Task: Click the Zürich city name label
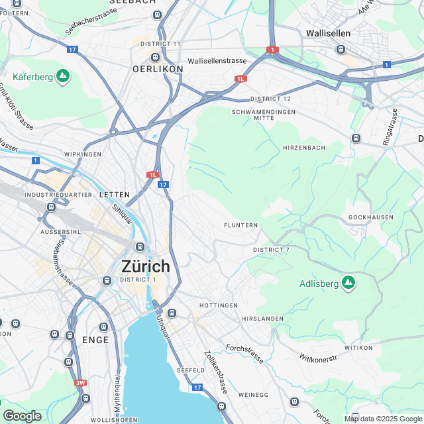[145, 266]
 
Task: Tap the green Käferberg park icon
[63, 77]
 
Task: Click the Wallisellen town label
[328, 32]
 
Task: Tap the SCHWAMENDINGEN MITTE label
[263, 115]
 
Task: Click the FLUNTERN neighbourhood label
[241, 225]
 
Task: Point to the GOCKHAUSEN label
[370, 217]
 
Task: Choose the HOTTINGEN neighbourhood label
[219, 305]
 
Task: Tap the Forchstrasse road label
[244, 353]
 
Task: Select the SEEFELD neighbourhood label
[191, 370]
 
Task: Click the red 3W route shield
[81, 383]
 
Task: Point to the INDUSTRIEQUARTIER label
[52, 195]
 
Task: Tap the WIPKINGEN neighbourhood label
[83, 154]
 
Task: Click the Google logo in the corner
[22, 415]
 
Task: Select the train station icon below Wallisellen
[341, 48]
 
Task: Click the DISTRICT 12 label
[270, 99]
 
